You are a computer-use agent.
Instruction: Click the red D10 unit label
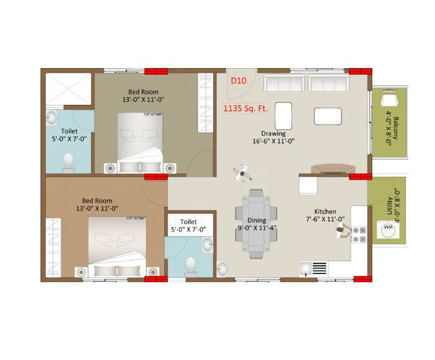pos(238,81)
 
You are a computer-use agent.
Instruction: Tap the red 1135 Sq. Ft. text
pos(246,108)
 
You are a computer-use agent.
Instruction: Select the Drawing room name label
pos(273,134)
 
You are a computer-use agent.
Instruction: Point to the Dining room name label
pos(257,221)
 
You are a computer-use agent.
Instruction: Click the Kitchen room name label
pos(325,211)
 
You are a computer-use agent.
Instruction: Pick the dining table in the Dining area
pos(256,224)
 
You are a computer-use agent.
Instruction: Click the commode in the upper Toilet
pos(69,161)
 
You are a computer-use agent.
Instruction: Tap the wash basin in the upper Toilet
pos(52,117)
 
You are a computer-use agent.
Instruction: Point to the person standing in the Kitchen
pos(340,231)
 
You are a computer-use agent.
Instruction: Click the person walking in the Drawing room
pos(243,172)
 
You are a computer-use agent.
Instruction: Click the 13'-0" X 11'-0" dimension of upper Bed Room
pos(143,99)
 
